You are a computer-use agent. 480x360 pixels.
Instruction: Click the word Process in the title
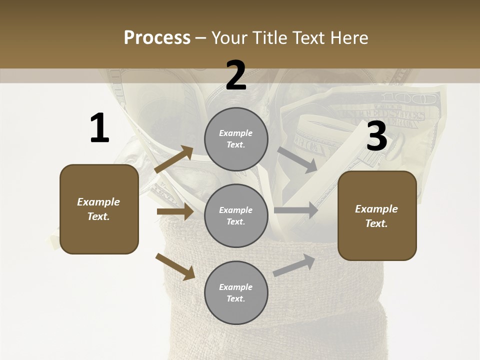[x=157, y=38]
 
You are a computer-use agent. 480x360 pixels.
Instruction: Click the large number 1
[x=99, y=128]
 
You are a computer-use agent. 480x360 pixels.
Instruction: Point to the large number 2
[x=236, y=75]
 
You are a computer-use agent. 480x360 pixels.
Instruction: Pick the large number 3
[x=376, y=136]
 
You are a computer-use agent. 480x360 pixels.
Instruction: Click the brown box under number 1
[x=99, y=209]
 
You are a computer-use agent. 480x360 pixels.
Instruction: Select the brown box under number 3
[x=377, y=215]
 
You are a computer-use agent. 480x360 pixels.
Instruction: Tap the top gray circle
[x=236, y=139]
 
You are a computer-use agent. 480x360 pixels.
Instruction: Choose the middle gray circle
[x=236, y=215]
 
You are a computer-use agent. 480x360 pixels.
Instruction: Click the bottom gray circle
[x=236, y=292]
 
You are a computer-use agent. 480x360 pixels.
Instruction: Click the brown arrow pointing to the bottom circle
[x=175, y=266]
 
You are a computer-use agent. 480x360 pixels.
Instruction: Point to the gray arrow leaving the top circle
[x=297, y=159]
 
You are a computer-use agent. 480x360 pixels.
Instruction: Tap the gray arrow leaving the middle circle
[x=296, y=210]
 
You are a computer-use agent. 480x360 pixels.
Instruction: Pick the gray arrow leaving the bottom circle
[x=294, y=265]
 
